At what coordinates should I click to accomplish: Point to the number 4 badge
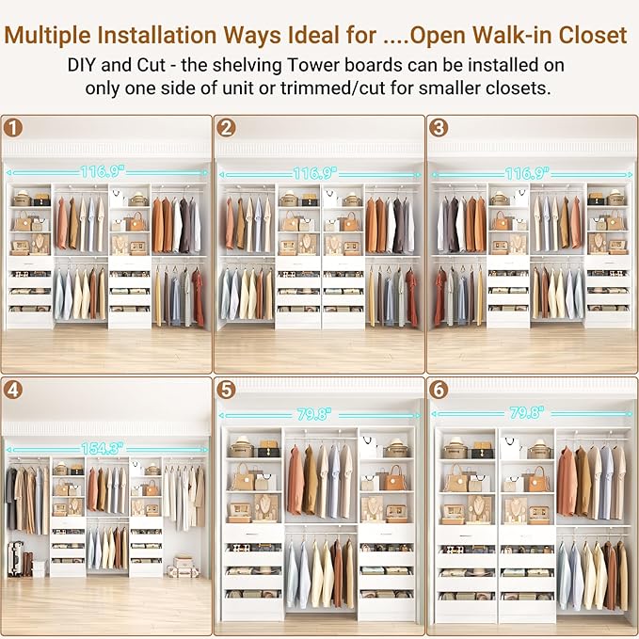click(13, 389)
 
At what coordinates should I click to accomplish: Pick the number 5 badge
click(227, 389)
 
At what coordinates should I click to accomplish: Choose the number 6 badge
click(439, 389)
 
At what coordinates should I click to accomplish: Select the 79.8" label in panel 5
click(317, 414)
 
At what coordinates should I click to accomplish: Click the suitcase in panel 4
click(15, 558)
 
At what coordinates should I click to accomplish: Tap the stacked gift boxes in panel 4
click(184, 567)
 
